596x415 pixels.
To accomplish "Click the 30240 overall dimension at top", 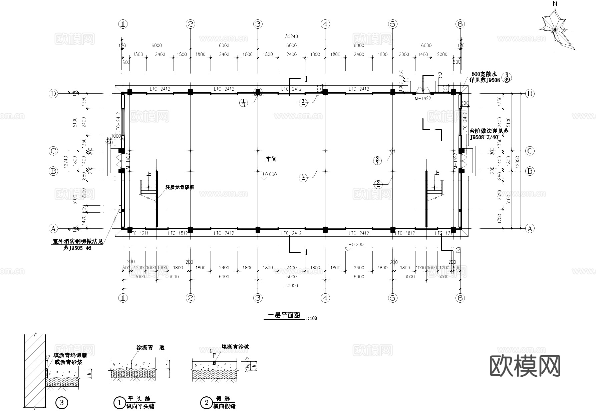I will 291,36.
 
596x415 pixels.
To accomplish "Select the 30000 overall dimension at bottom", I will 291,286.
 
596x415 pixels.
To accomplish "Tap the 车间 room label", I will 271,159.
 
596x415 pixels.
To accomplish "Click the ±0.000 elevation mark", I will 269,174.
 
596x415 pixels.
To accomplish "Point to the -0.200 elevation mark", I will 356,245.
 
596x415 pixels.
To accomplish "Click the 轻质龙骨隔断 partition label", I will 180,188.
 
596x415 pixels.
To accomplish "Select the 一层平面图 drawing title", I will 284,315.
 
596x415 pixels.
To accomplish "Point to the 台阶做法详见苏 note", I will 489,131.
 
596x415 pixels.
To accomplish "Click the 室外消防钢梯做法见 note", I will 77,242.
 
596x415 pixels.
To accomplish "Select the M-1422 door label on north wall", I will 423,99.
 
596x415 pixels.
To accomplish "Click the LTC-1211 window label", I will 138,233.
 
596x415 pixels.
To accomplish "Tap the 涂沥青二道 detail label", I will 150,347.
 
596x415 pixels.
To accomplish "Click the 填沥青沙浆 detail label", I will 235,347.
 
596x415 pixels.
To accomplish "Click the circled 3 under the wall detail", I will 61,403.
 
